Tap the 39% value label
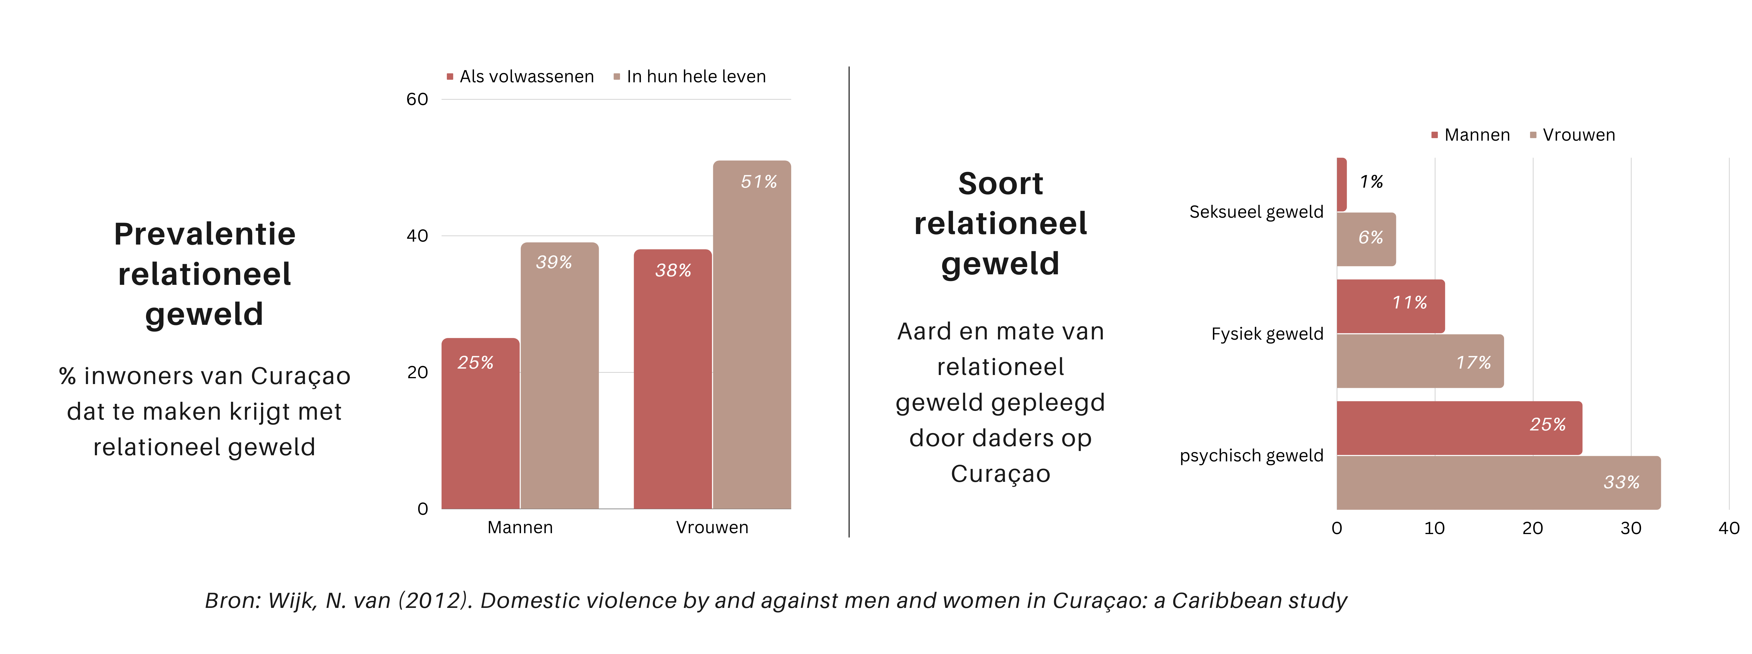[554, 262]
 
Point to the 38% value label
[673, 271]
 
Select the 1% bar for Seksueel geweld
[1341, 184]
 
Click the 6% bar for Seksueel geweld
[1366, 239]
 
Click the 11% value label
[1409, 303]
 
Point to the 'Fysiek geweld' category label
[1267, 334]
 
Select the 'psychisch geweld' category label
[1251, 456]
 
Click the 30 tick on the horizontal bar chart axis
[1630, 528]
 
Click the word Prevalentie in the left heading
[205, 234]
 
